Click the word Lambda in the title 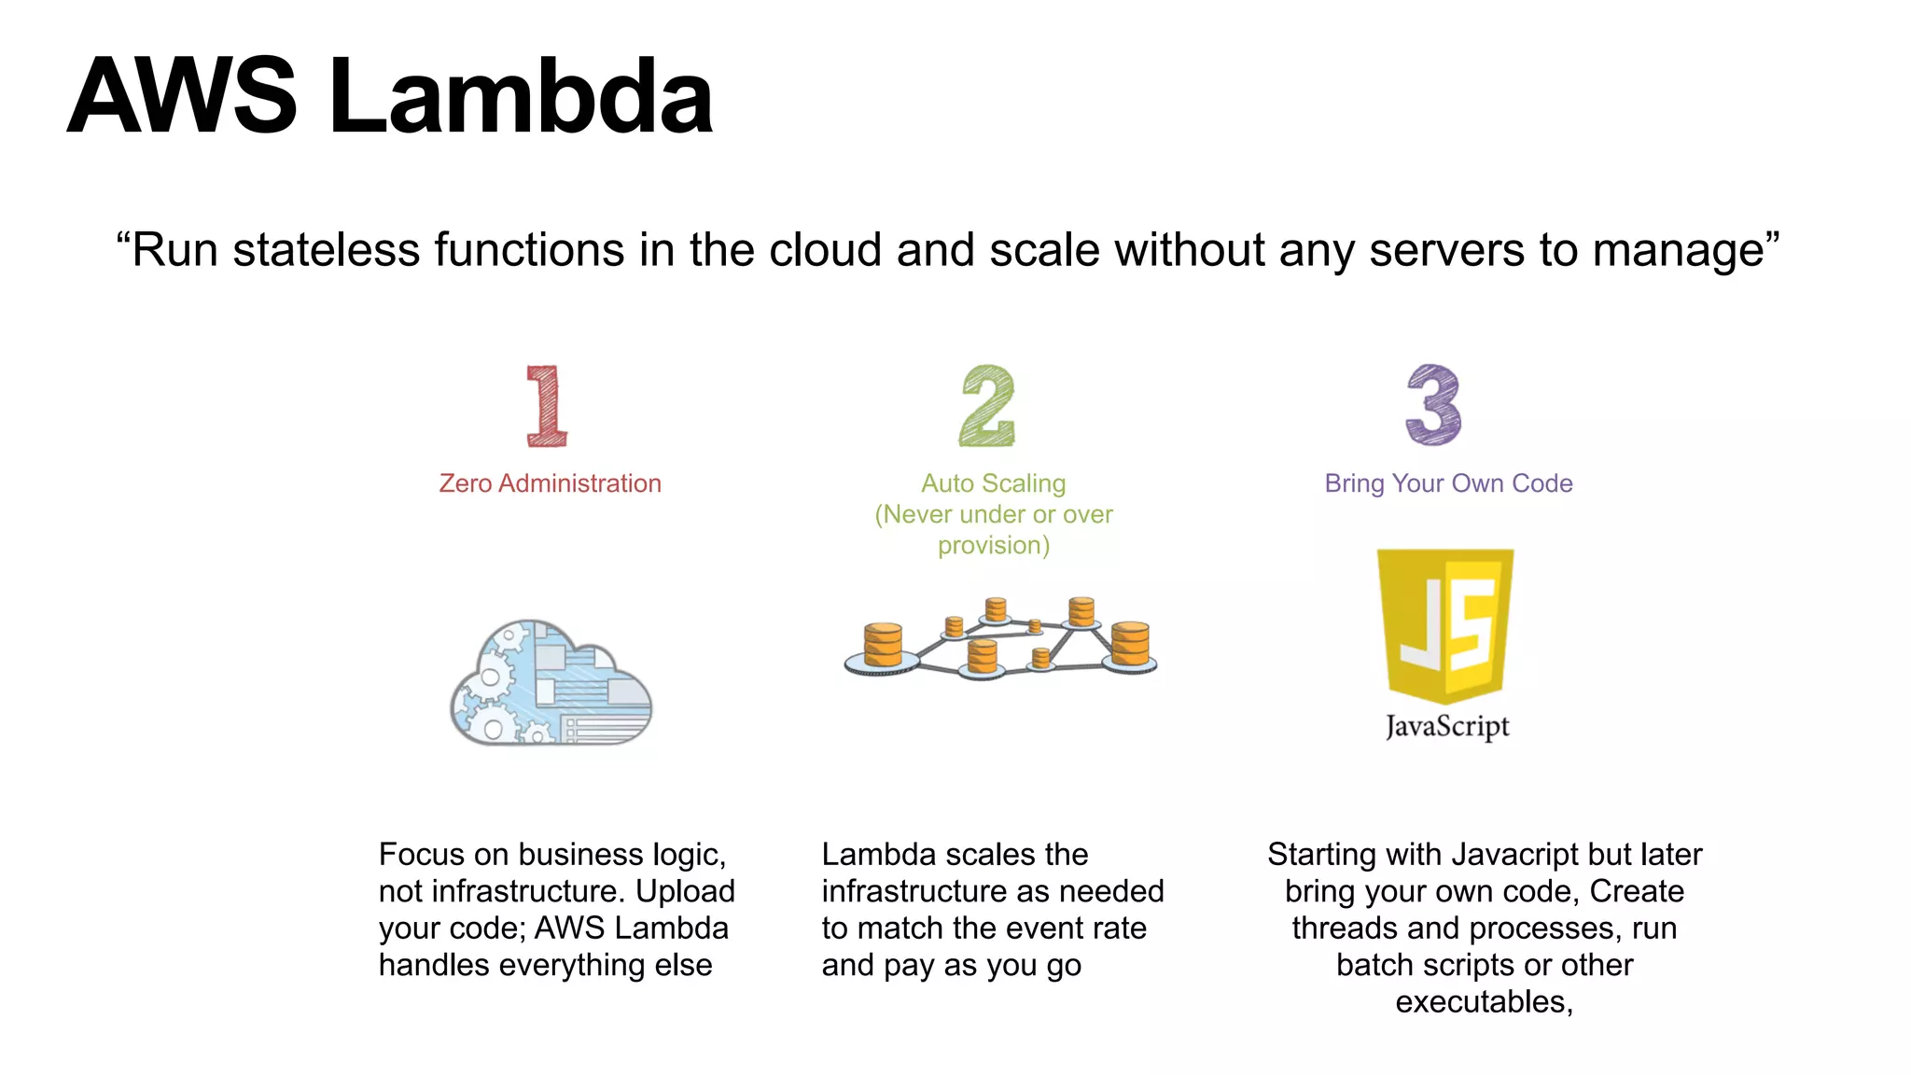(x=521, y=96)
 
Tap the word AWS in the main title (x=183, y=96)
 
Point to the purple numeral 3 (x=1434, y=405)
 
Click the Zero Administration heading (x=550, y=483)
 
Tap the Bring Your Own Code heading (x=1448, y=483)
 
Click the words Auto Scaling (x=993, y=483)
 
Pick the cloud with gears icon (x=551, y=683)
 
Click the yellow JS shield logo (x=1445, y=623)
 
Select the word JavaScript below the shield (x=1447, y=726)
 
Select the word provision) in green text (x=994, y=546)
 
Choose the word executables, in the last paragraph (x=1484, y=1002)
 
